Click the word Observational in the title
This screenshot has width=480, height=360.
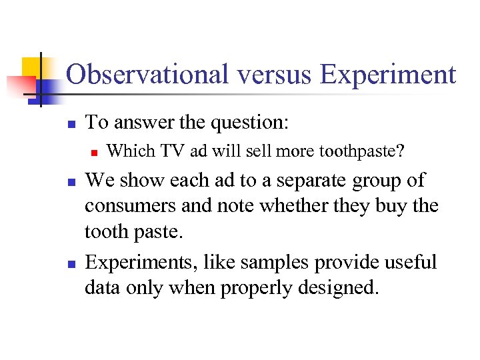coord(148,75)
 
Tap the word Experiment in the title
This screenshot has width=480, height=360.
coord(388,75)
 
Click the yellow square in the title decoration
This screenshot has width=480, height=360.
coord(32,67)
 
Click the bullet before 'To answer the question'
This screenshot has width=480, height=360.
coord(71,124)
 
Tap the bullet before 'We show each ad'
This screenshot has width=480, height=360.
coord(71,182)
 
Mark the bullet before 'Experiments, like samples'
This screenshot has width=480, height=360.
coord(71,263)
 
